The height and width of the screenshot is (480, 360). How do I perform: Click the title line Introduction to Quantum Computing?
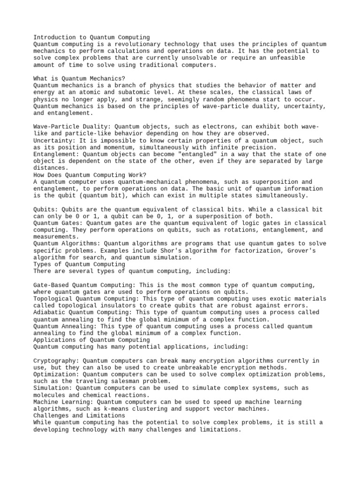coord(92,37)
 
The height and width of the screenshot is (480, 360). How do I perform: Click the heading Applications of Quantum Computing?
coord(92,340)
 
